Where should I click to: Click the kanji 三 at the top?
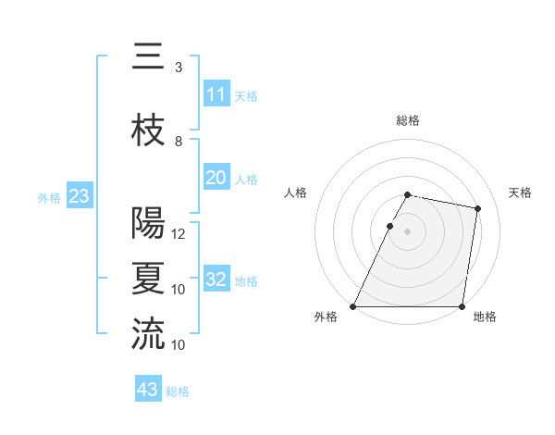148,58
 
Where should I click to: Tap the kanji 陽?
148,223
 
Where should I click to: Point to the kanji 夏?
148,279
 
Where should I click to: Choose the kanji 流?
148,334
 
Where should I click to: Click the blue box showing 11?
216,94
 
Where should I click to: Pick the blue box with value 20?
216,178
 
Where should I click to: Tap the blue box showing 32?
216,280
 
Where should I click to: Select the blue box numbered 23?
79,196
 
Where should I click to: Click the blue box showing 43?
148,390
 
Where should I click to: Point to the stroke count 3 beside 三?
178,68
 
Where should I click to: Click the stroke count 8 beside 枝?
178,142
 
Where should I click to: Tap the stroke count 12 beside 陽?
179,234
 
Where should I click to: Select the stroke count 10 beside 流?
179,345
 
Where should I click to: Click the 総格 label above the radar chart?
408,120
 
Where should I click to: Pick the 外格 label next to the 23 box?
49,197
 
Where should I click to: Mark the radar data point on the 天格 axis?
478,209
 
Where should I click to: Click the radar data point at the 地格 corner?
462,306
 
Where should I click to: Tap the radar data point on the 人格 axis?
389,226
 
